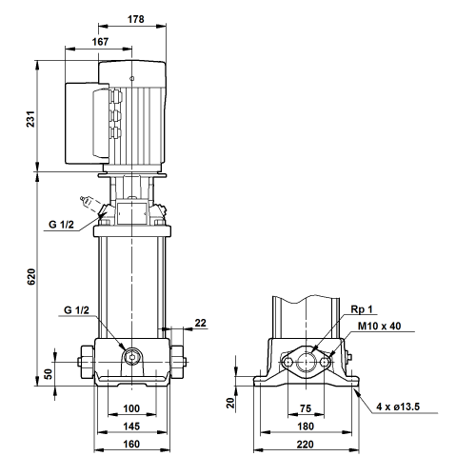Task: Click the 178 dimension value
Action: [135, 19]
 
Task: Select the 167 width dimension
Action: [100, 42]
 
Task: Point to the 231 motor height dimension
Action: [30, 119]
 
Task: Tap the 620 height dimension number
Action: [31, 277]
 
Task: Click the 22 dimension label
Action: [200, 323]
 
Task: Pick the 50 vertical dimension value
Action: [48, 374]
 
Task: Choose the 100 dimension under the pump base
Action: [131, 408]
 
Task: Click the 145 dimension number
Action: [131, 426]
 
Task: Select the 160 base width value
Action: [131, 444]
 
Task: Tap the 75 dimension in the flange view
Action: [306, 408]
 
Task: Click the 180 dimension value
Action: [306, 426]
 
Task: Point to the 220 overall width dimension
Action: [306, 445]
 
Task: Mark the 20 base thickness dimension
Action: [231, 403]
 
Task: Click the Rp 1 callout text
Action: [362, 309]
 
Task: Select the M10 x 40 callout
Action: [379, 326]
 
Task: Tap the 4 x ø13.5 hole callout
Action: [398, 407]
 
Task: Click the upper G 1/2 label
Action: [61, 225]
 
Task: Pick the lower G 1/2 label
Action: [76, 310]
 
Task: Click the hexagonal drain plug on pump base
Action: [131, 357]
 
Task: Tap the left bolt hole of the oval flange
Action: [288, 362]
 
